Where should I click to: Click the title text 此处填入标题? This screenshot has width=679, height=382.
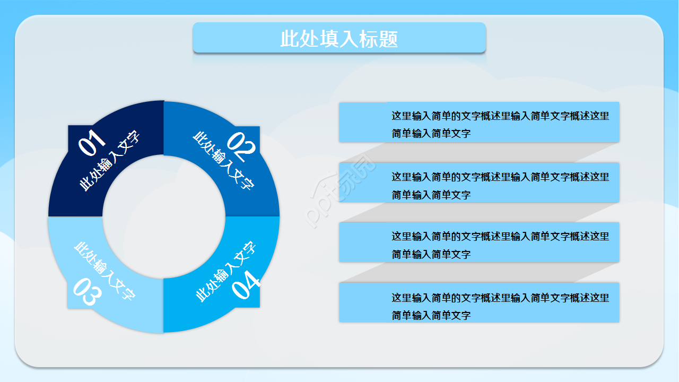click(x=339, y=39)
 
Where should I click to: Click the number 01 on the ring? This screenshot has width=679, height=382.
click(x=92, y=143)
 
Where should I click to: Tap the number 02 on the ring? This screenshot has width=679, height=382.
click(x=241, y=146)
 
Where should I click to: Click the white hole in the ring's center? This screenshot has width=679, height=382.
click(x=163, y=216)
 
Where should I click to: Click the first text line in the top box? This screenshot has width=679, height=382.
click(x=500, y=116)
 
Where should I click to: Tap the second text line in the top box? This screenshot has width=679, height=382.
click(x=431, y=133)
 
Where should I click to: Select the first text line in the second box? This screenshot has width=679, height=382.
click(x=500, y=177)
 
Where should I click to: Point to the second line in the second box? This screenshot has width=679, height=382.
click(x=431, y=194)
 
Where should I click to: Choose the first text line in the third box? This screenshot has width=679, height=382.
click(x=500, y=236)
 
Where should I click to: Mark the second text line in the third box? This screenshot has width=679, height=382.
click(x=431, y=254)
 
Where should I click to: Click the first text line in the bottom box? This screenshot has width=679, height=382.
click(x=500, y=297)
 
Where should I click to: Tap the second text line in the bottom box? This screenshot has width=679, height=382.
click(x=431, y=315)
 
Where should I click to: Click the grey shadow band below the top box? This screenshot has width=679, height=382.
click(x=477, y=152)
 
